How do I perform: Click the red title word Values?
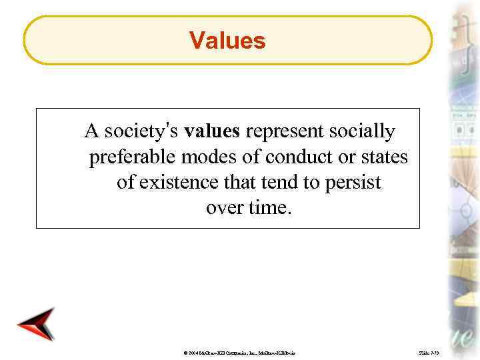(227, 41)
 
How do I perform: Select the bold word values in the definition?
(212, 131)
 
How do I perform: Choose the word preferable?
(132, 157)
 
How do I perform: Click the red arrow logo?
(36, 325)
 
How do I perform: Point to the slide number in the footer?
(427, 351)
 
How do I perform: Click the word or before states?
(341, 157)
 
